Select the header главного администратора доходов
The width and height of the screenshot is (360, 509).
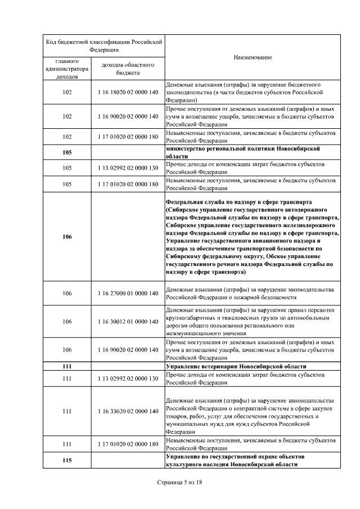[x=67, y=69]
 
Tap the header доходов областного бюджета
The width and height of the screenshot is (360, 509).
[x=128, y=69]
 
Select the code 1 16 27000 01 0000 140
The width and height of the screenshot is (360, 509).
[x=128, y=293]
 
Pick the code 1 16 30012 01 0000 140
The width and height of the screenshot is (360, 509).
[x=128, y=322]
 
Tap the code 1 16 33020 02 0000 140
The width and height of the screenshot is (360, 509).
[x=128, y=411]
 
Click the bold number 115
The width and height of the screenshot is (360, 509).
[x=67, y=461]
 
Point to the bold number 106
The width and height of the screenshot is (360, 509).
[x=67, y=237]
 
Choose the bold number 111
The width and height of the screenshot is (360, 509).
[x=67, y=366]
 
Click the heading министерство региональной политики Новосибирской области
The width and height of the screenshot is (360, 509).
[x=243, y=152]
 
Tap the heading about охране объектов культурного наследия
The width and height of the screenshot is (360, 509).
[x=243, y=461]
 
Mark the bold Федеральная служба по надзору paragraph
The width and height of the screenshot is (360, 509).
[x=253, y=237]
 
